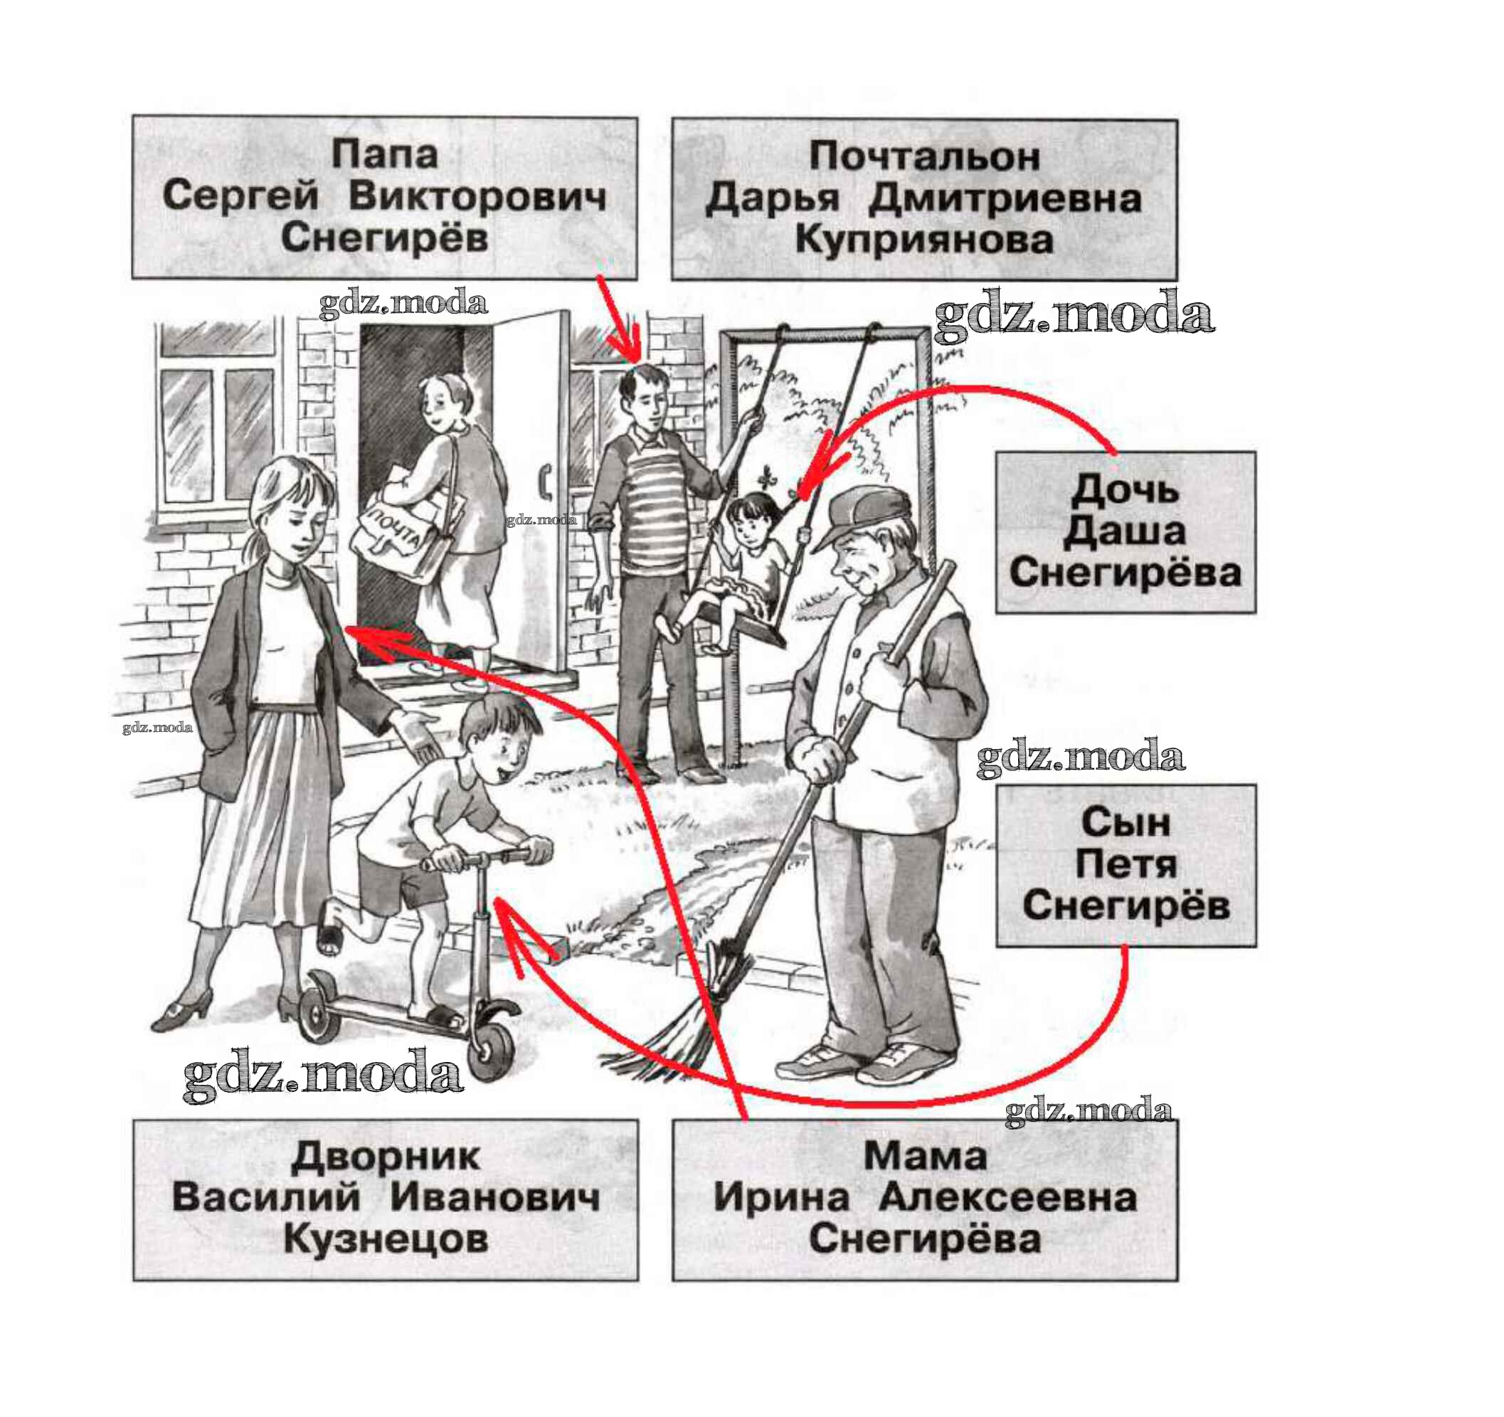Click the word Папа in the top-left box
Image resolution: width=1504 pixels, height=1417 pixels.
[x=384, y=154]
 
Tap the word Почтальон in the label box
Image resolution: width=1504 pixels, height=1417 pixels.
[x=923, y=156]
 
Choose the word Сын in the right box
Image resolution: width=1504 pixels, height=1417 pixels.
[x=1125, y=822]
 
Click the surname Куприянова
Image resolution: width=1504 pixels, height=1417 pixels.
[x=923, y=240]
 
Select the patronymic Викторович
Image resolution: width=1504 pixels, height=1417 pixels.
[x=477, y=197]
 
